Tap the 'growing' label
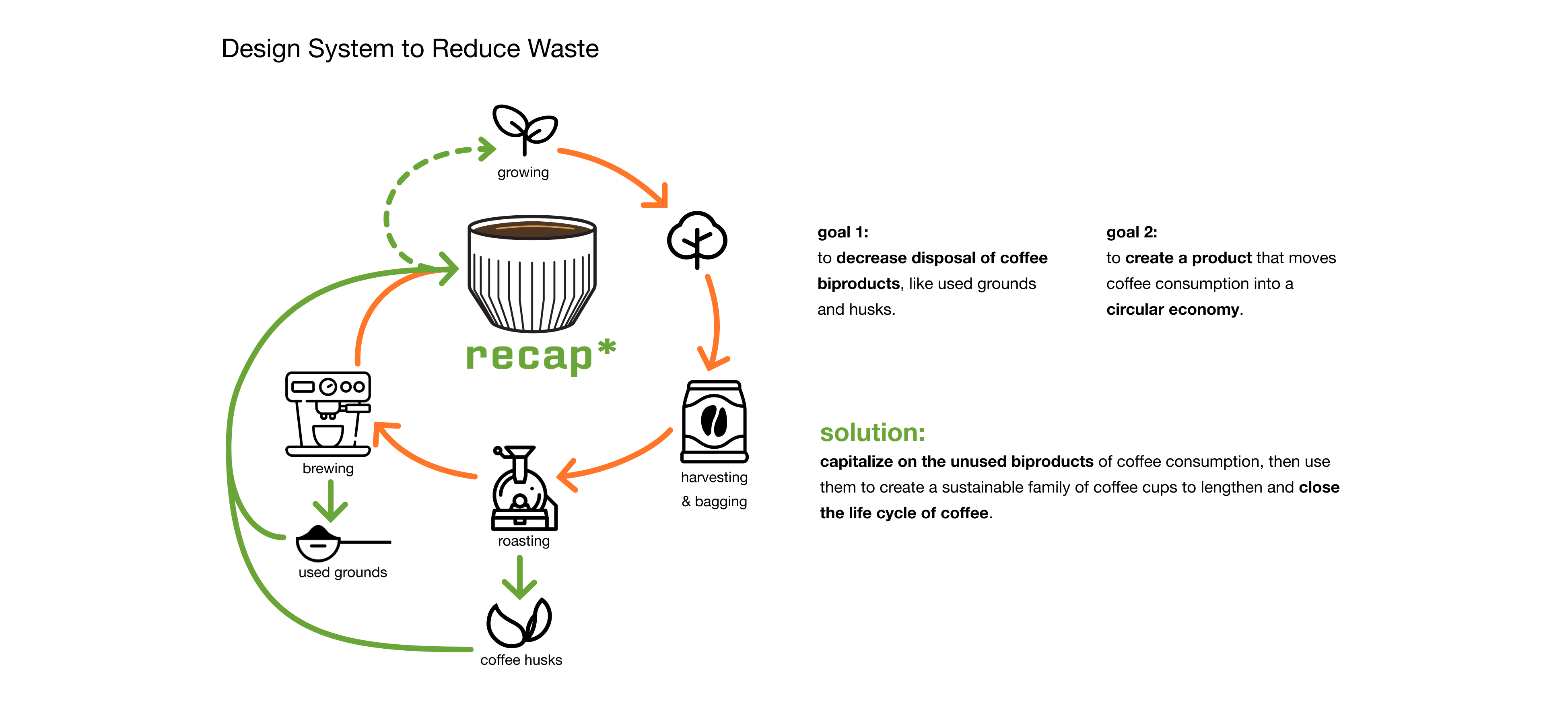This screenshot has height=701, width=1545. point(523,173)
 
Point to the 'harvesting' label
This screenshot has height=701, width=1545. point(714,477)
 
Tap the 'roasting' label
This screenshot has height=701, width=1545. point(523,541)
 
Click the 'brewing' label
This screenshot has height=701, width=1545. point(328,468)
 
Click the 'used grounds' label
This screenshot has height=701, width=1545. point(342,572)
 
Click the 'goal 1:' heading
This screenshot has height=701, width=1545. point(843,232)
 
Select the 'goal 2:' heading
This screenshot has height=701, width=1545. point(1131,232)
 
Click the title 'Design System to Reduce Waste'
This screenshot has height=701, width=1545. point(410,49)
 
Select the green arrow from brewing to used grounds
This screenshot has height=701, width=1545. point(330,501)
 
